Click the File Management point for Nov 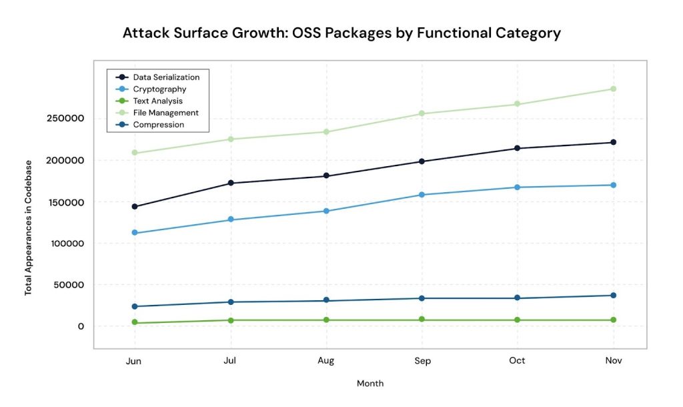click(613, 89)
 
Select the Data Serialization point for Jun click(135, 207)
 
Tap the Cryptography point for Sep click(422, 195)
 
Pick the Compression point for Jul click(231, 302)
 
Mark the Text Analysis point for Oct click(518, 320)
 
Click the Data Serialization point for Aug click(326, 176)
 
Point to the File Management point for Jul click(231, 139)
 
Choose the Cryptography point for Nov click(613, 185)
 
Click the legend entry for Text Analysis click(157, 101)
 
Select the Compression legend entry click(158, 125)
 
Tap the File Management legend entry click(165, 113)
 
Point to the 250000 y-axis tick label click(65, 119)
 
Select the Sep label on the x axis click(422, 361)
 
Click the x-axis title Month click(370, 384)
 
